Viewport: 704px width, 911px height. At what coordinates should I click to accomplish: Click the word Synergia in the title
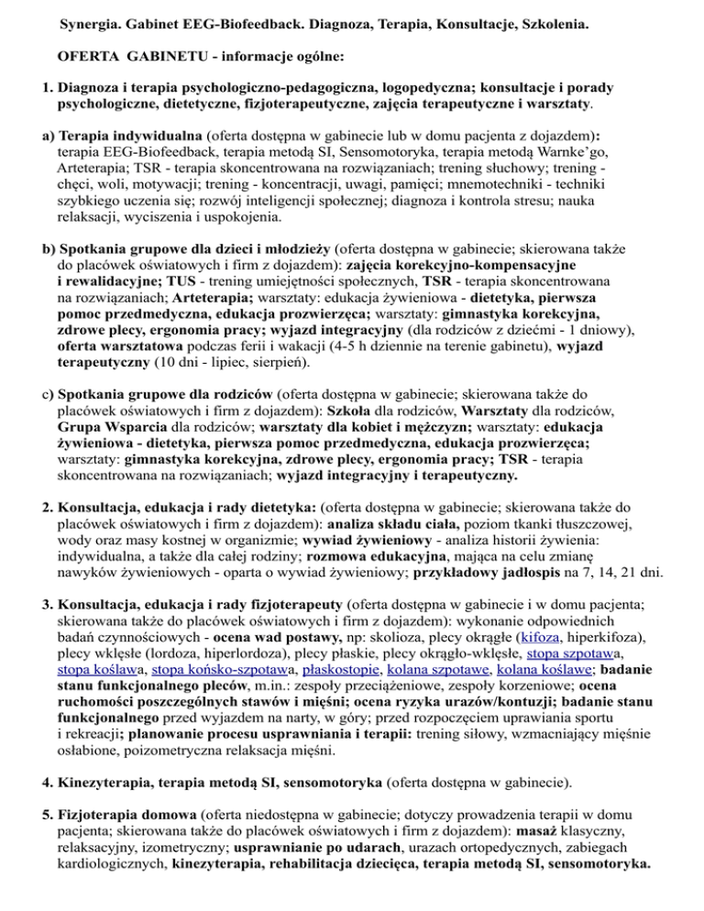coord(90,18)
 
